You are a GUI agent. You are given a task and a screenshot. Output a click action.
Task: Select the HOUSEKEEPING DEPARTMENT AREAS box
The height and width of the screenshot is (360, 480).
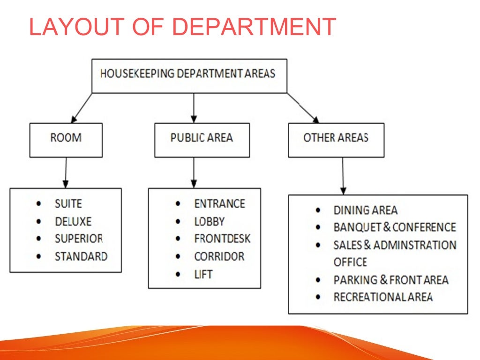pyautogui.click(x=189, y=75)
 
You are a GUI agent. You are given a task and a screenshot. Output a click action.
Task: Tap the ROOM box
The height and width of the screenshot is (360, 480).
pyautogui.click(x=66, y=140)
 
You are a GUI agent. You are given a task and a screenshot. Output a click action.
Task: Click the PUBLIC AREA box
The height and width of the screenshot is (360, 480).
pyautogui.click(x=202, y=140)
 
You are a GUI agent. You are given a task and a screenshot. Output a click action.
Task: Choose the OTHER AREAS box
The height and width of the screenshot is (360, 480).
pyautogui.click(x=336, y=140)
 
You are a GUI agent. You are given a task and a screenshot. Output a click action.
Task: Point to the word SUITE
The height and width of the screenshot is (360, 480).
pyautogui.click(x=68, y=204)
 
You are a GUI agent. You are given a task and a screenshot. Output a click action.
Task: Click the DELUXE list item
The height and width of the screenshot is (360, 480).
pyautogui.click(x=73, y=221)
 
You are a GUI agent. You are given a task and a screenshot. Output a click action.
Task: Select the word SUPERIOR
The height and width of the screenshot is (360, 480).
pyautogui.click(x=79, y=239)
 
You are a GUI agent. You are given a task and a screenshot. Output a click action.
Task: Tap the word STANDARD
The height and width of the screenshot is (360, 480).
pyautogui.click(x=81, y=256)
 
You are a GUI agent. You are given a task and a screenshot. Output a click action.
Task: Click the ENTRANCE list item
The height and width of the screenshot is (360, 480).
pyautogui.click(x=219, y=204)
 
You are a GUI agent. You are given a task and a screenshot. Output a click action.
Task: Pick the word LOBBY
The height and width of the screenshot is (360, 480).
pyautogui.click(x=210, y=221)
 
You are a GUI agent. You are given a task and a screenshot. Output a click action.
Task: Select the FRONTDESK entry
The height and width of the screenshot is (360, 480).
pyautogui.click(x=222, y=239)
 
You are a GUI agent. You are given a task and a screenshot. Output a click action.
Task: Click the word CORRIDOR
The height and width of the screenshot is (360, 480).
pyautogui.click(x=219, y=256)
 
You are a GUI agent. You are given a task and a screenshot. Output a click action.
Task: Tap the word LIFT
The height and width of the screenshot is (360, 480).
pyautogui.click(x=203, y=274)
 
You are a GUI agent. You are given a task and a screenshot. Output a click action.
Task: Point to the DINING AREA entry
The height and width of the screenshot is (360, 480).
pyautogui.click(x=365, y=210)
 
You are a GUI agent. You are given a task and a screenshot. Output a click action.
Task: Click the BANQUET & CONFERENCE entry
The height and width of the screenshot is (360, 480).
pyautogui.click(x=394, y=227)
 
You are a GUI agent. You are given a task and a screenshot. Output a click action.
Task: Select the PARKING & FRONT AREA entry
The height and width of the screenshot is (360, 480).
pyautogui.click(x=390, y=280)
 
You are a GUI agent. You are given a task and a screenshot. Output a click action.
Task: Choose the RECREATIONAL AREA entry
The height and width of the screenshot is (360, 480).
pyautogui.click(x=382, y=297)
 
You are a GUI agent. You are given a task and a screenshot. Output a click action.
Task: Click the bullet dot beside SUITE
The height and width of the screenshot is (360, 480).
pyautogui.click(x=38, y=204)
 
